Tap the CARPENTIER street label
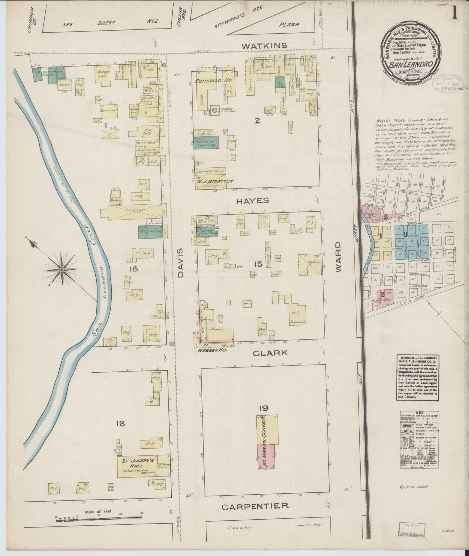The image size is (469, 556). point(255,506)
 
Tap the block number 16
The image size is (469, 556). point(133,269)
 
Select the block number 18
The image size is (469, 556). point(120,423)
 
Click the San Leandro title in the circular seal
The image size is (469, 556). point(412,64)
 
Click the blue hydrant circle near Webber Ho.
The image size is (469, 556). point(172,344)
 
